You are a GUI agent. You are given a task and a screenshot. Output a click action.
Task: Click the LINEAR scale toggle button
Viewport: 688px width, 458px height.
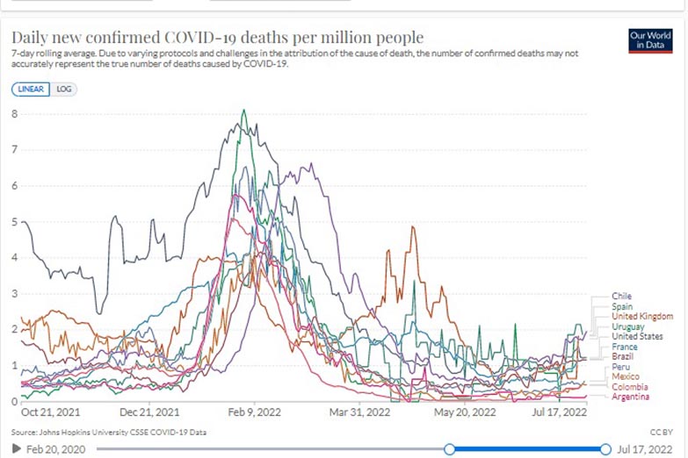point(31,89)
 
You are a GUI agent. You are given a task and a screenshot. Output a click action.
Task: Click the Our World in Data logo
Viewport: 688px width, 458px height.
point(651,40)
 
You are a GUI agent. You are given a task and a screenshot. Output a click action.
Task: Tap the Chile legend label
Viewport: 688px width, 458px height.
point(622,297)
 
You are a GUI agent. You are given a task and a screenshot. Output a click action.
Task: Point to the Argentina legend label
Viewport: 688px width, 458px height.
point(631,397)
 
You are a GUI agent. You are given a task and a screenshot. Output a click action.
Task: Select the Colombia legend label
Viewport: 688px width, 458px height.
point(630,386)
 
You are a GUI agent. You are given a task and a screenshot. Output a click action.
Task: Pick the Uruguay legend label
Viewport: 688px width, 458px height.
point(628,326)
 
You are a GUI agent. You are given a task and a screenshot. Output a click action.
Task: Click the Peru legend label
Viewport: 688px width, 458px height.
point(620,367)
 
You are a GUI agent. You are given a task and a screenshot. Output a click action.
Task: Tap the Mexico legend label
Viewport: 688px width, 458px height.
point(626,376)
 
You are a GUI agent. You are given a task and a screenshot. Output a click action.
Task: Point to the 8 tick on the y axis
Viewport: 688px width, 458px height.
point(15,113)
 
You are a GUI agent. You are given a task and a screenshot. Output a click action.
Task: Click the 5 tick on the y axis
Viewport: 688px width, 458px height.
point(15,222)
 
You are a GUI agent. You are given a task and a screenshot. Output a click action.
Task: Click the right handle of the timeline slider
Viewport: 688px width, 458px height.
point(605,449)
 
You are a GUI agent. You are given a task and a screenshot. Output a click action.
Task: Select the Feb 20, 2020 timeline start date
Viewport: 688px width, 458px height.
point(55,449)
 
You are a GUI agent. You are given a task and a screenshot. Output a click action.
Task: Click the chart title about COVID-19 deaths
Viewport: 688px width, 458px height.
point(217,38)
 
